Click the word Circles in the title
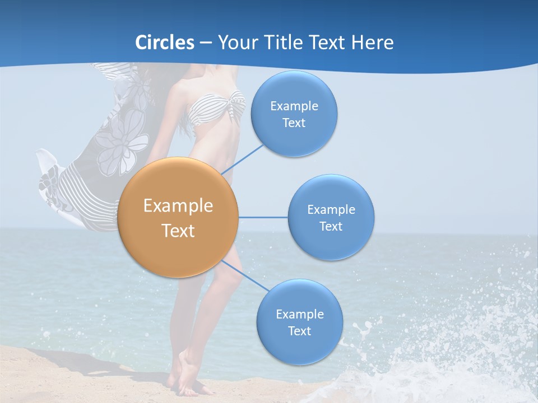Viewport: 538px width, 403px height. click(165, 43)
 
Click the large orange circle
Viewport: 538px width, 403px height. click(178, 217)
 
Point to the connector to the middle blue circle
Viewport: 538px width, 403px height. click(263, 217)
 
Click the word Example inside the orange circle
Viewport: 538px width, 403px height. click(178, 206)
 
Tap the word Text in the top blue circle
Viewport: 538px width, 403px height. click(294, 123)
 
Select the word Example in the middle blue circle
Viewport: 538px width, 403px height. click(331, 210)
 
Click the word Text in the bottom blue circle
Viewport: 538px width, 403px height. click(299, 331)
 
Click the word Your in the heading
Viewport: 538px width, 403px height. click(235, 43)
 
